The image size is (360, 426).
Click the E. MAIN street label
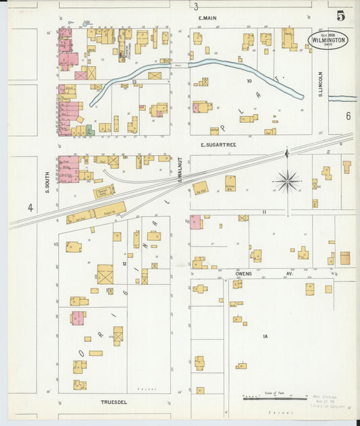click(x=207, y=18)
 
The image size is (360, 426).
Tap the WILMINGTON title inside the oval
click(x=329, y=41)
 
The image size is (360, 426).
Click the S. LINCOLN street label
click(x=320, y=83)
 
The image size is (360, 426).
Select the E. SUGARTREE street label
click(x=220, y=144)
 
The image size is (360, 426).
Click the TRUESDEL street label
click(x=113, y=402)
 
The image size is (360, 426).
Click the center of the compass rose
click(x=287, y=180)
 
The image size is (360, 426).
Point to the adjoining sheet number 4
click(x=30, y=208)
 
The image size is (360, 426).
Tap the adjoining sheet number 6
click(x=349, y=116)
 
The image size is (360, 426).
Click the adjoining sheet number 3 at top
click(x=196, y=7)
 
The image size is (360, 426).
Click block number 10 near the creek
click(x=249, y=81)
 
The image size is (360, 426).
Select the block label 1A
click(x=265, y=336)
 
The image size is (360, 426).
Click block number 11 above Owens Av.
click(x=265, y=212)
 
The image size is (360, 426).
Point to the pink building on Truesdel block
click(x=78, y=317)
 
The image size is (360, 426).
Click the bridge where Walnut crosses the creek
click(x=180, y=65)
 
